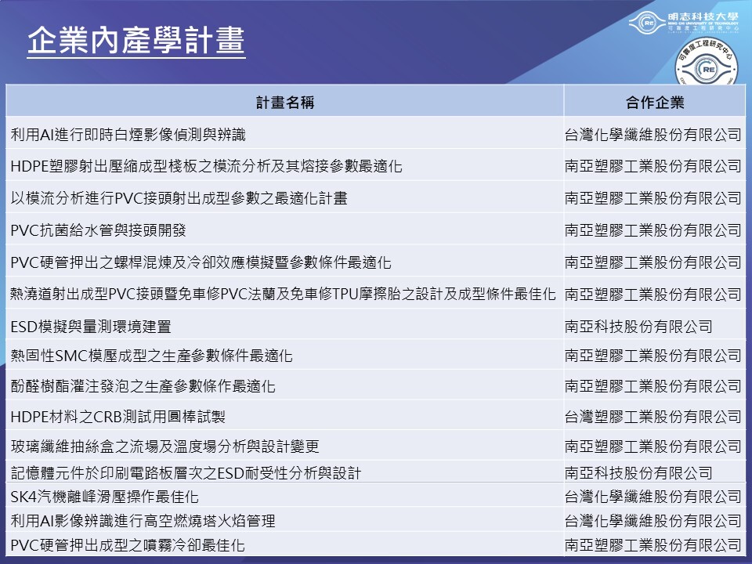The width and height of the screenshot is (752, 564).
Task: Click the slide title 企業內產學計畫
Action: [x=136, y=40]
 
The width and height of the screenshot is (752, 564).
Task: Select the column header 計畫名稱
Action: [x=285, y=102]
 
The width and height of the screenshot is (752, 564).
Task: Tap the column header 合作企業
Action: [x=655, y=102]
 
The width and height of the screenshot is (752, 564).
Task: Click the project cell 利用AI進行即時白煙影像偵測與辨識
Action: [x=128, y=135]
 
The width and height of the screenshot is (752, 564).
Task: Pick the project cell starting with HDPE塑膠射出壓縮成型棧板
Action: [x=206, y=166]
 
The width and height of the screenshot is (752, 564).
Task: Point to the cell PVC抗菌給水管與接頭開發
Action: [x=99, y=230]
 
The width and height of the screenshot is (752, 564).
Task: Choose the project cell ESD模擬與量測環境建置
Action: [x=91, y=327]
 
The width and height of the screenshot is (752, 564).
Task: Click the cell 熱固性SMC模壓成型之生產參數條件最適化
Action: [x=151, y=356]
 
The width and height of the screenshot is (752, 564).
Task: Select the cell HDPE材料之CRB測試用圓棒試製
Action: [x=118, y=416]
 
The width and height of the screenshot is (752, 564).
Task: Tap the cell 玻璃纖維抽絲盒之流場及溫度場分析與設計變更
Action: [x=164, y=446]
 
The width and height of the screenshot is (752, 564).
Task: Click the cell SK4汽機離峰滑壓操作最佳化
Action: [x=104, y=497]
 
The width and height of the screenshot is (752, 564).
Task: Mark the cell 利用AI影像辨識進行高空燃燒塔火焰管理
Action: [x=143, y=520]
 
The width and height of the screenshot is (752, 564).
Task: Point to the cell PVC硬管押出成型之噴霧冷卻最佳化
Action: [x=128, y=545]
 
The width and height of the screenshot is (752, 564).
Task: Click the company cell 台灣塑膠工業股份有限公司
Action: [x=653, y=416]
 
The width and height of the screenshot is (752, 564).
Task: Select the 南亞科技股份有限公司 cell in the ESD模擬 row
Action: [x=638, y=327]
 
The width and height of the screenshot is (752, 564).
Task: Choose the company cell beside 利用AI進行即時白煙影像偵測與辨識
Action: [x=653, y=135]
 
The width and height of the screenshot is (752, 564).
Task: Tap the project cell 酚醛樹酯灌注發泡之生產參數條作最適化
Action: [x=143, y=386]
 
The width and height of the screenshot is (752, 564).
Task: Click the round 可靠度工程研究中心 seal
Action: [x=706, y=63]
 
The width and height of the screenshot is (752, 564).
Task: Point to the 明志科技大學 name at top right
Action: [x=703, y=16]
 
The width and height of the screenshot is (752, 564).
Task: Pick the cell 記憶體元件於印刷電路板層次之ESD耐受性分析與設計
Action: [x=186, y=473]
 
